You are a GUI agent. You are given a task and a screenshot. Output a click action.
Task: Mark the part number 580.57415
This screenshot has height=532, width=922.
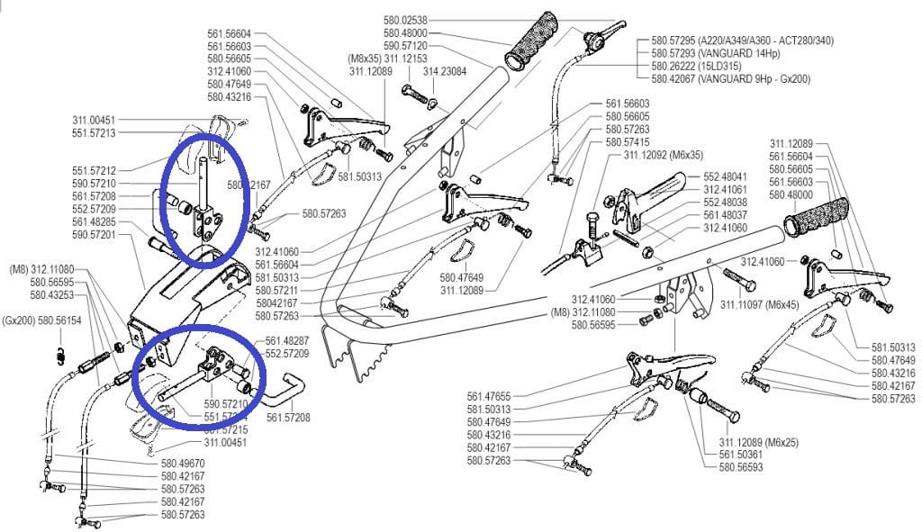tap(628, 142)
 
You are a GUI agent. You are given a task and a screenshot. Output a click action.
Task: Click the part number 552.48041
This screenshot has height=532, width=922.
tap(725, 176)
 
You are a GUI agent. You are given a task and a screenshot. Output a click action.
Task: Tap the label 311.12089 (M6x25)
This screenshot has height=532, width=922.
tap(758, 443)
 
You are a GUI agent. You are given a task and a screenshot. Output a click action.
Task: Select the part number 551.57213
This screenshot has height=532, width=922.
tap(94, 133)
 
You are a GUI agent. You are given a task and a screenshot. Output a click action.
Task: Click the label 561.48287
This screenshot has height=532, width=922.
tap(287, 342)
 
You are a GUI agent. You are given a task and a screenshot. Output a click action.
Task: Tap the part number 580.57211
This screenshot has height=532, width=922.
tap(277, 291)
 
